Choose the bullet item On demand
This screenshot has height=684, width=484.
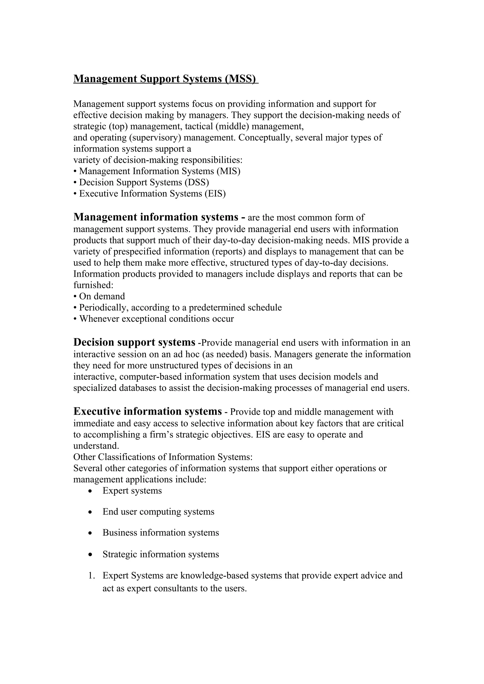(x=102, y=296)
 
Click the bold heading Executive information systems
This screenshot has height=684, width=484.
(x=147, y=411)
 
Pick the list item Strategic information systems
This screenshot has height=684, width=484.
(x=161, y=554)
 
